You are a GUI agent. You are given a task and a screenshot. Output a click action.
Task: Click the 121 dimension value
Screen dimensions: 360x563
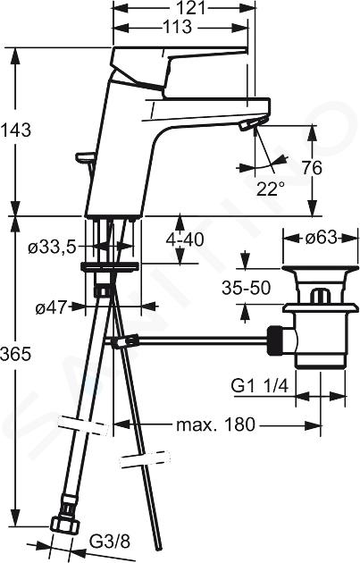click(192, 7)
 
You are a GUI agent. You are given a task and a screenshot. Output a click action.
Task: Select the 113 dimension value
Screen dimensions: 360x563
click(177, 27)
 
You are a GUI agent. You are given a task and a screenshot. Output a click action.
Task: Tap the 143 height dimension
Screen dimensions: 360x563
click(16, 130)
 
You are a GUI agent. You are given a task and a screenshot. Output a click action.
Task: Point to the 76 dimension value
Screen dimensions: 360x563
click(312, 168)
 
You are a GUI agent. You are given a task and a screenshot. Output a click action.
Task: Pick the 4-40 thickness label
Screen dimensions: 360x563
click(185, 239)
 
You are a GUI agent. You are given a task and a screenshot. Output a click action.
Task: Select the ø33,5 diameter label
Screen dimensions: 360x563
click(53, 248)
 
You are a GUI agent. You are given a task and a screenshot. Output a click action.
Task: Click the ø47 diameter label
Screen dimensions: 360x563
click(52, 307)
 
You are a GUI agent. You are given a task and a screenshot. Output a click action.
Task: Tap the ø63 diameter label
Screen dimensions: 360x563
click(322, 238)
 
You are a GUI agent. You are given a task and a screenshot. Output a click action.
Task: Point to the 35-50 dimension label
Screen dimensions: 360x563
click(246, 288)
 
